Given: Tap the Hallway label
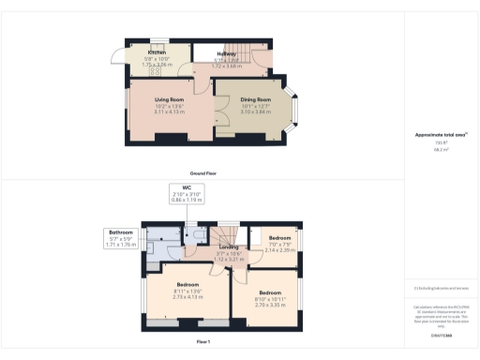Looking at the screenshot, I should pyautogui.click(x=227, y=54).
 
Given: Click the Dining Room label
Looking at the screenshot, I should pyautogui.click(x=256, y=99).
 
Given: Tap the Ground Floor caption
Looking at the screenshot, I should pyautogui.click(x=204, y=173).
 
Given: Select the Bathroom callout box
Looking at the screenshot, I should pyautogui.click(x=122, y=238).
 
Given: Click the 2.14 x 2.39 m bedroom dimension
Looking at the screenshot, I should pyautogui.click(x=280, y=250).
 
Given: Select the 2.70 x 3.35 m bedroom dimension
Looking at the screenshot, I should pyautogui.click(x=270, y=305).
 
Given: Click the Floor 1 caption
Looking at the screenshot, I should pyautogui.click(x=204, y=342).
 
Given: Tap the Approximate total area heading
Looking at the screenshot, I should pyautogui.click(x=441, y=135).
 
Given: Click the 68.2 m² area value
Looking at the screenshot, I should pyautogui.click(x=440, y=148).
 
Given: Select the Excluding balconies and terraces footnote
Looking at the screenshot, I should pyautogui.click(x=441, y=288).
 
